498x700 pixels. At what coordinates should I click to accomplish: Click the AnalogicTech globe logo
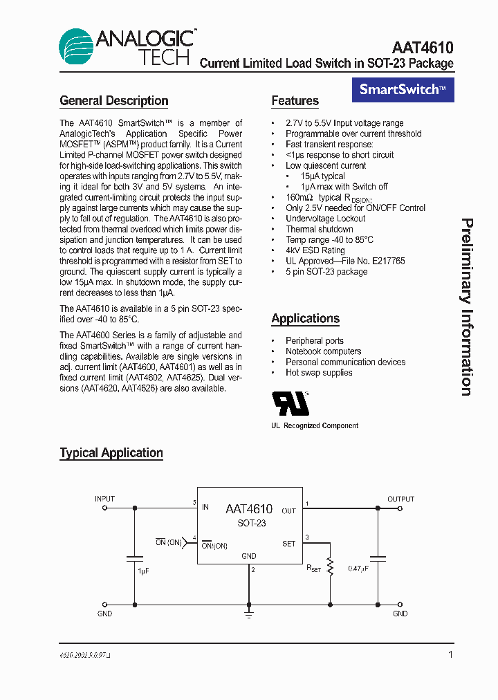point(76,47)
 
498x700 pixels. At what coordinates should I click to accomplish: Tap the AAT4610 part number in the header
point(422,48)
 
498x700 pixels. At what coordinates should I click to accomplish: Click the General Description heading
point(114,101)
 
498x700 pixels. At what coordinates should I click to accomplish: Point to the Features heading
point(295,101)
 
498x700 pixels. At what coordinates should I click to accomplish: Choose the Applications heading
point(305,319)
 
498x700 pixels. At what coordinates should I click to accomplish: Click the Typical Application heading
point(111,453)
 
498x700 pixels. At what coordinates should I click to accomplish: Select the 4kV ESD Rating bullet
point(315,250)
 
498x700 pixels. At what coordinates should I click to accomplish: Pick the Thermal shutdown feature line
point(319,229)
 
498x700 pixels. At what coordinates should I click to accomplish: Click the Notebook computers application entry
point(323,351)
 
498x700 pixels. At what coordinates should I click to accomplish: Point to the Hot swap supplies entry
point(319,373)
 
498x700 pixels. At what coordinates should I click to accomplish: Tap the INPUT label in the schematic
point(105,499)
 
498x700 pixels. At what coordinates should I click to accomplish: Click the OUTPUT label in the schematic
point(400,499)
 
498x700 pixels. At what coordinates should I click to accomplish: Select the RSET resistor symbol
point(330,567)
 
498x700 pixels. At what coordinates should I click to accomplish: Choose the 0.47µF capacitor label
point(358,569)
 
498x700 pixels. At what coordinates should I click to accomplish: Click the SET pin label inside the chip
point(288,544)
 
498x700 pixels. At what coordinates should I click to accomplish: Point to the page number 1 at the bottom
point(450,654)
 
